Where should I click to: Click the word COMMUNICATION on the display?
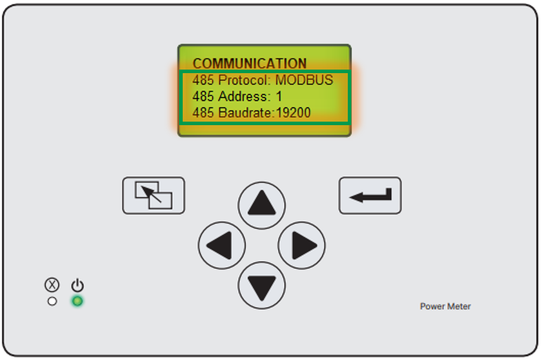249,63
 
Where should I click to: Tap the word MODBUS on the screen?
304,80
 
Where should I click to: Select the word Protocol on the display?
245,80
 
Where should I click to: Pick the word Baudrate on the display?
245,112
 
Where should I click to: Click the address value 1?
279,96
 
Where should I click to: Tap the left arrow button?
222,245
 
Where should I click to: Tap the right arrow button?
301,245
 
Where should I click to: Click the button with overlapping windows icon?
154,195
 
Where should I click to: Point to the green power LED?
77,302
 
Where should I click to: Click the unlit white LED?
52,302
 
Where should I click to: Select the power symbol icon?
77,285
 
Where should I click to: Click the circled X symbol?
52,285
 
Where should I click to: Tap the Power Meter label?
445,306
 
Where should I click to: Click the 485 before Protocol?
203,80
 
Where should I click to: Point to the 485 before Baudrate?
203,112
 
